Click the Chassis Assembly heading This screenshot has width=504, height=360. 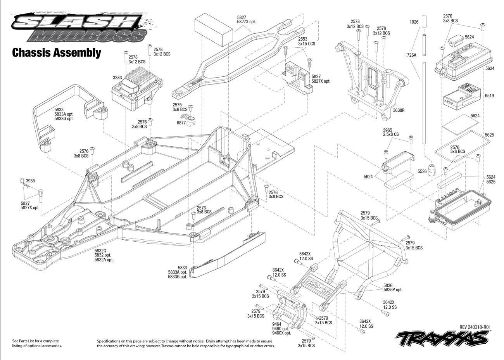click(57, 52)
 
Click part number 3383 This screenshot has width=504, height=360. click(117, 78)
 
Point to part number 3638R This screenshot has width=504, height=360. click(399, 110)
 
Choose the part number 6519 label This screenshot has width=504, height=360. click(489, 96)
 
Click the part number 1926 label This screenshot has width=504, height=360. click(414, 22)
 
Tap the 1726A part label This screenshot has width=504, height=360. click(410, 55)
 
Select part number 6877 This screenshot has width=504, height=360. click(181, 123)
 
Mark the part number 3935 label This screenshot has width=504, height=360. click(31, 181)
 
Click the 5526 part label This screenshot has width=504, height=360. click(422, 171)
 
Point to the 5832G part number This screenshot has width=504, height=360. click(100, 251)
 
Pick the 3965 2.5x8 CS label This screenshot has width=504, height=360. click(391, 132)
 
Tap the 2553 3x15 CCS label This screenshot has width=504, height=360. click(307, 42)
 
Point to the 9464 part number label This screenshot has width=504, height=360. click(277, 324)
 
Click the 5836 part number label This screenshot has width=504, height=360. click(388, 285)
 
